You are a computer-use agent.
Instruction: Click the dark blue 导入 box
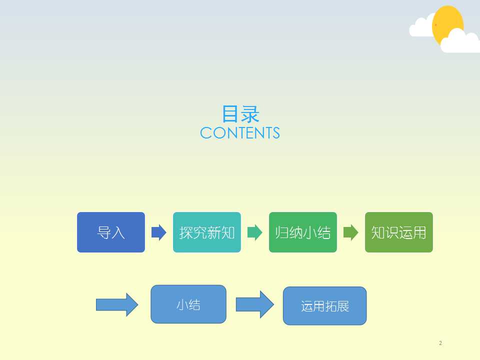111,232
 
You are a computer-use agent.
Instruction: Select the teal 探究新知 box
207,232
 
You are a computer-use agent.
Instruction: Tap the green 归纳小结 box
303,232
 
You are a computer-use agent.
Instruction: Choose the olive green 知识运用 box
399,232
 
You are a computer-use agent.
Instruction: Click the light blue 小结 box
188,304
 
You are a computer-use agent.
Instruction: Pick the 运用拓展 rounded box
325,306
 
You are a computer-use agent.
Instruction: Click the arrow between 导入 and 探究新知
159,232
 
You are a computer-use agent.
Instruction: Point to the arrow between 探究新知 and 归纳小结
255,232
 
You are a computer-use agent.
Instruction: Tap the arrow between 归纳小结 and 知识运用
351,232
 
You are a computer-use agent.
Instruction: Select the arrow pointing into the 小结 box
117,304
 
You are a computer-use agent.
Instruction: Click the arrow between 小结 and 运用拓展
254,304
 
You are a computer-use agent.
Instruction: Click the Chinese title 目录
240,114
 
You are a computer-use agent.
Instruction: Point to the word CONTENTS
240,133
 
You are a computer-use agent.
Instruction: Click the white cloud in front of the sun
460,41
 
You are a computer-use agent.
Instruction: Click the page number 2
440,343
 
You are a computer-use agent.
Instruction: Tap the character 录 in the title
250,114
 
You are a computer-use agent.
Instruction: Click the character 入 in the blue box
118,232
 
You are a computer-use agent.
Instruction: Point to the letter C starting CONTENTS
205,133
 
